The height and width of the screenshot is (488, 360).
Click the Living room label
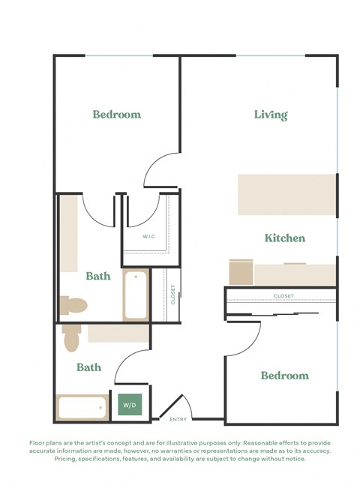coord(271,115)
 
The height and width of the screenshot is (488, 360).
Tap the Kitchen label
coord(284,238)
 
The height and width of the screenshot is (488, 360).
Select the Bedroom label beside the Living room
coord(116,115)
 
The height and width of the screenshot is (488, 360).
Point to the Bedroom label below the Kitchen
coord(284,375)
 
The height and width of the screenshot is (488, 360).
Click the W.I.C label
coord(150,237)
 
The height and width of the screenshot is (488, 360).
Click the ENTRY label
coord(178,419)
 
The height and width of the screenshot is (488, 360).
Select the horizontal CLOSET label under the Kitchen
coord(283,296)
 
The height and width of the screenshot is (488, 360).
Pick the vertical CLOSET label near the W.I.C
coord(172,295)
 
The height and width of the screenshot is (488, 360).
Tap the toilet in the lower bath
coord(71,338)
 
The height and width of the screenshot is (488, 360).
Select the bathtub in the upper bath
coord(136,295)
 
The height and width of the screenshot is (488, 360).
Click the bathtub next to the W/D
coord(83,408)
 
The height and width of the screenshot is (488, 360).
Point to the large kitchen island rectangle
coord(286,195)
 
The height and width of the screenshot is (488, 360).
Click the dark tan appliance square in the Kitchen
coord(240,272)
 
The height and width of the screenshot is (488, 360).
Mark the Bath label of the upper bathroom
coord(97,276)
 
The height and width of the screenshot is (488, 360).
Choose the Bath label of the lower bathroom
coord(88,367)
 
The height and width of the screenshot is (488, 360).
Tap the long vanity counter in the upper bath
coord(68,235)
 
